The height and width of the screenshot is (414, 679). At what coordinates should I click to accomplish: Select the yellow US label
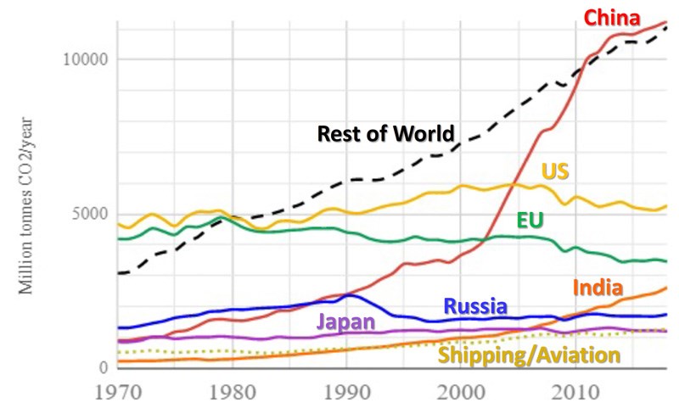pyautogui.click(x=555, y=171)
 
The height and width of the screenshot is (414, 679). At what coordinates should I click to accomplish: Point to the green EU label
pyautogui.click(x=530, y=221)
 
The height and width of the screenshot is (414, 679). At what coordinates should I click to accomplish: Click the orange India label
pyautogui.click(x=598, y=287)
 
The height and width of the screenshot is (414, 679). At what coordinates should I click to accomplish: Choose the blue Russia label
pyautogui.click(x=475, y=306)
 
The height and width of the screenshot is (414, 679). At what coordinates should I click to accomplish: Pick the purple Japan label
pyautogui.click(x=348, y=322)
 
